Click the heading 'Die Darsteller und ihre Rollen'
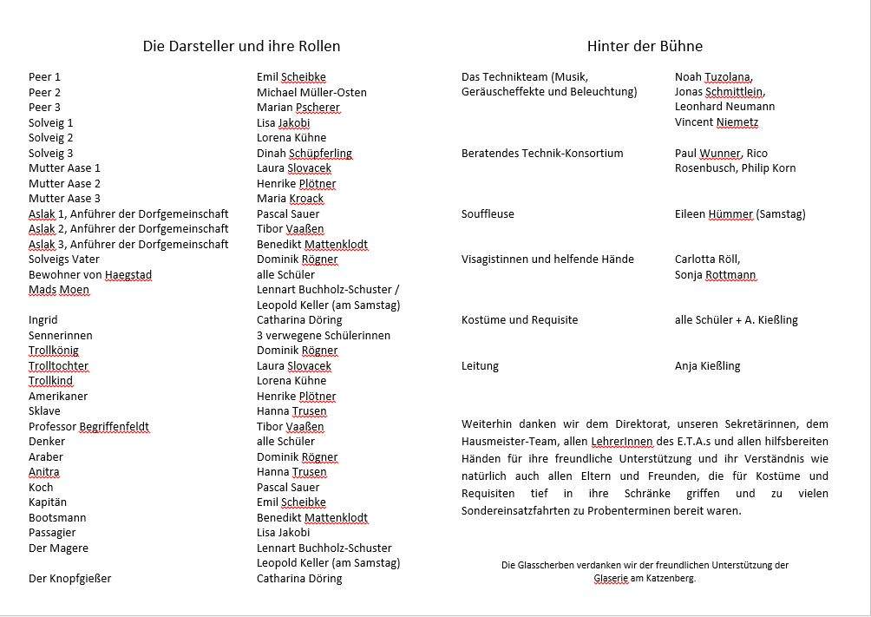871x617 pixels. (241, 47)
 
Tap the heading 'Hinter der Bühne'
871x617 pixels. (645, 47)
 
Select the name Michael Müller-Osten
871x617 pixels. (311, 92)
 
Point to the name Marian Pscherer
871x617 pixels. (298, 108)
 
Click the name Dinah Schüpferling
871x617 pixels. (305, 154)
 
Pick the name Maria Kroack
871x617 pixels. (290, 199)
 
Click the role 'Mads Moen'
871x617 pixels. (59, 290)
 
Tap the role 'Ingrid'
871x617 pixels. (43, 320)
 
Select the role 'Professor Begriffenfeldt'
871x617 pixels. (88, 427)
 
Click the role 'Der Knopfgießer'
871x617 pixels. (69, 579)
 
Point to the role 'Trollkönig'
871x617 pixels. (54, 351)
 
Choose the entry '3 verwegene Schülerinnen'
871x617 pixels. (324, 336)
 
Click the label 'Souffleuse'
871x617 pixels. (488, 214)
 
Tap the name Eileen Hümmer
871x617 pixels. (713, 214)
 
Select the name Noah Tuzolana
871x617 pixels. (714, 77)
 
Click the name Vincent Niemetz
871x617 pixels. (717, 122)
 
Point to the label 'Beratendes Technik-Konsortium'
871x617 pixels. (542, 154)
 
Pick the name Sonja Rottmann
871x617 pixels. (716, 275)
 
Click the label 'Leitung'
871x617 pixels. (480, 366)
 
